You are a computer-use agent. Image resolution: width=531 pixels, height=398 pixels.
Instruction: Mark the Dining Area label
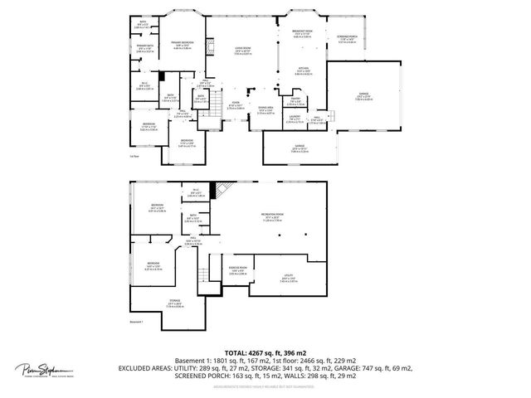[x=265, y=109]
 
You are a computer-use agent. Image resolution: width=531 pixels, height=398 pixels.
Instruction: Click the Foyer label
[x=235, y=106]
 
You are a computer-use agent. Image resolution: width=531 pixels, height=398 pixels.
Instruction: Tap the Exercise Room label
[x=237, y=270]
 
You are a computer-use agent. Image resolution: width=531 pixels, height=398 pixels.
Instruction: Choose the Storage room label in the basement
[x=174, y=303]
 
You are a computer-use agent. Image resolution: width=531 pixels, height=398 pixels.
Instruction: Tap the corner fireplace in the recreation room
[x=220, y=192]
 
